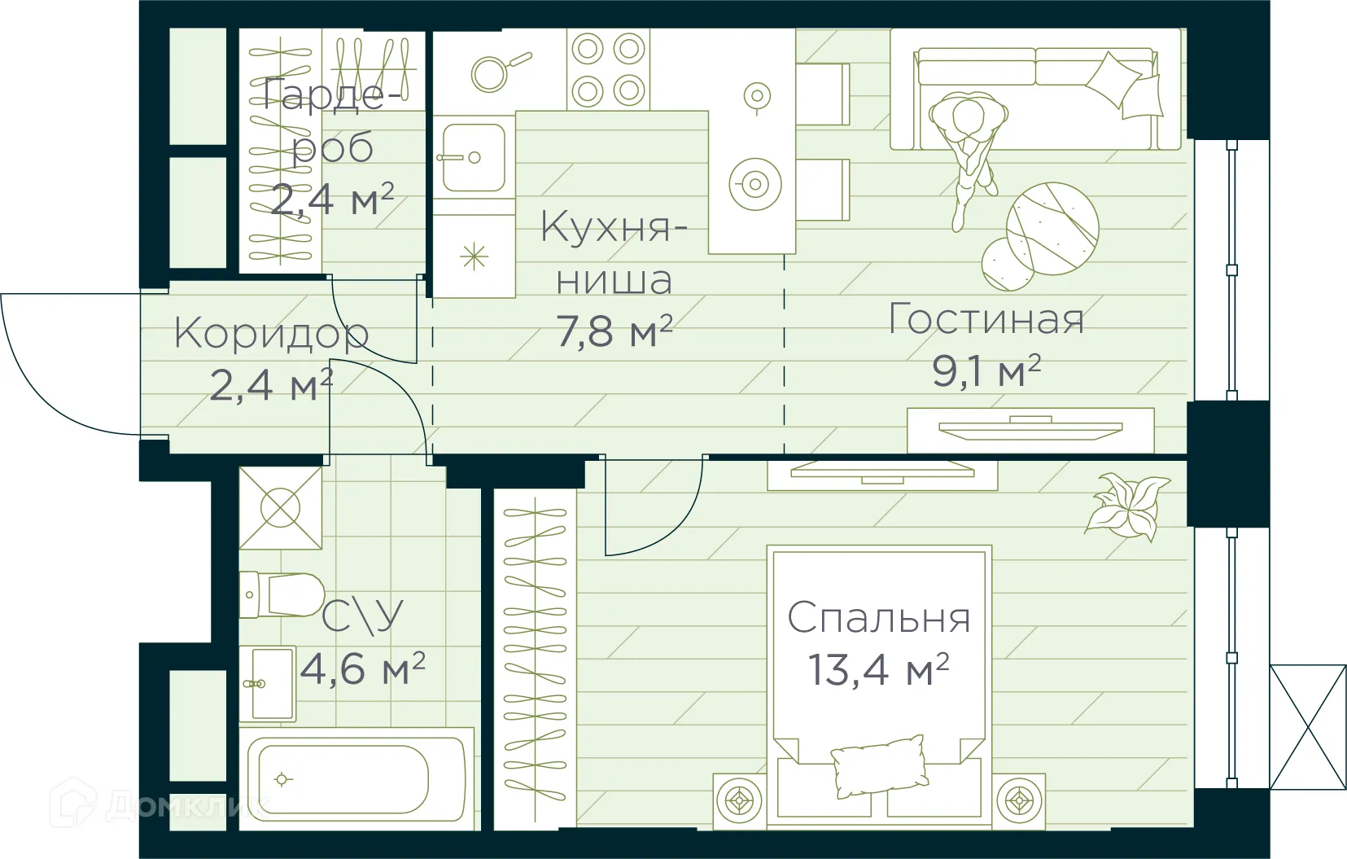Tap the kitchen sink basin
(x=473, y=157)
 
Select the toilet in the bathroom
(x=285, y=594)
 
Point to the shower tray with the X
(x=280, y=507)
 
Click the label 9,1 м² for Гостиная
(x=986, y=371)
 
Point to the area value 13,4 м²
(x=878, y=670)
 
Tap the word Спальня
(x=879, y=618)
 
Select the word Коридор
(x=271, y=334)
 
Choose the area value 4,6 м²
(x=362, y=669)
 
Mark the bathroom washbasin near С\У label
(x=268, y=684)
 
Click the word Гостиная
(x=986, y=318)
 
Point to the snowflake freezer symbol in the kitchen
(x=473, y=258)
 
